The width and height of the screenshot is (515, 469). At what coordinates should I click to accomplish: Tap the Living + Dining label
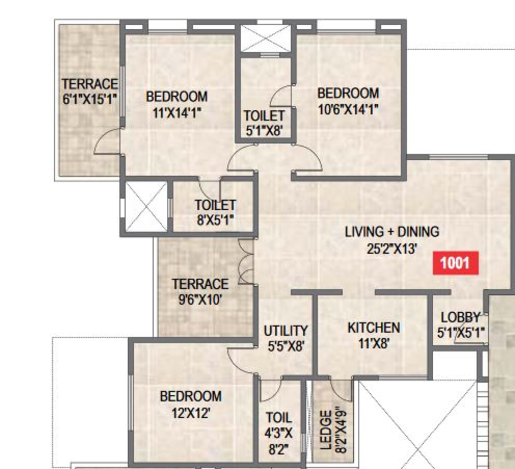pos(392,232)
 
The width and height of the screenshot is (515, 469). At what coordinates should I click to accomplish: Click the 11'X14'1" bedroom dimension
pos(176,113)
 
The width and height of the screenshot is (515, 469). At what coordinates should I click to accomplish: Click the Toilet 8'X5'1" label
pos(215,212)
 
